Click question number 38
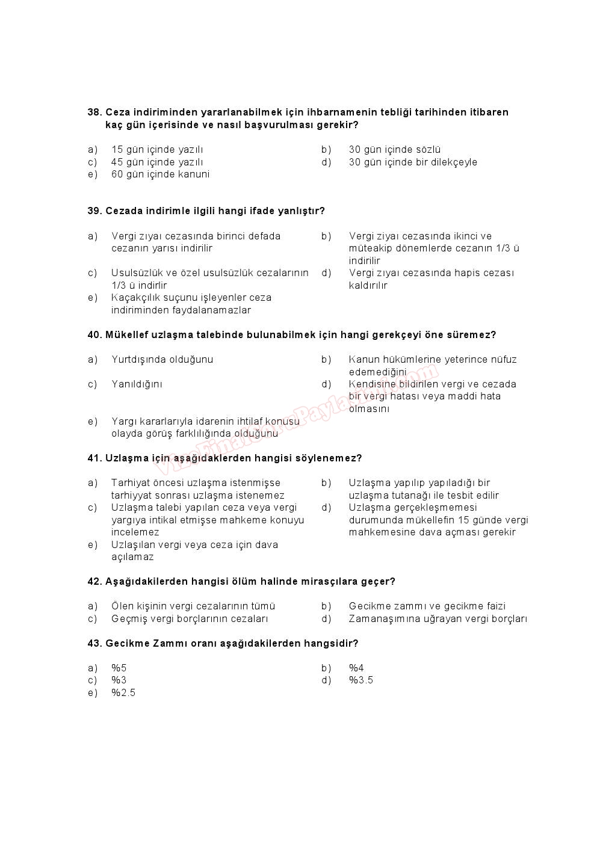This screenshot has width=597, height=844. coord(94,112)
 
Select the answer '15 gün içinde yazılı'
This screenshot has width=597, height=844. coord(157,150)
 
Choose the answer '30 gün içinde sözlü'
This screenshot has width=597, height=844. coord(395,150)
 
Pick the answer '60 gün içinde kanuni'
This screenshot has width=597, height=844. coord(160,174)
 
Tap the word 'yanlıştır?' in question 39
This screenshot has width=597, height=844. coord(301,211)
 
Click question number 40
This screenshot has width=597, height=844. coord(94,335)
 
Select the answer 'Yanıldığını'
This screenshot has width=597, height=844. coord(137,384)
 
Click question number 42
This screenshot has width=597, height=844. coord(94,582)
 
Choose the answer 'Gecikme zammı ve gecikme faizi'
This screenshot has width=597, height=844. coord(427,606)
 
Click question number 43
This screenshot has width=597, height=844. coord(94,644)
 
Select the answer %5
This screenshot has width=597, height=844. coord(119,668)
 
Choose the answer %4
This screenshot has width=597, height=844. coord(356,668)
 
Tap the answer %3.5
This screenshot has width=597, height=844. coord(361,680)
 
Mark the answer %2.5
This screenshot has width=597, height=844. coord(123,693)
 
